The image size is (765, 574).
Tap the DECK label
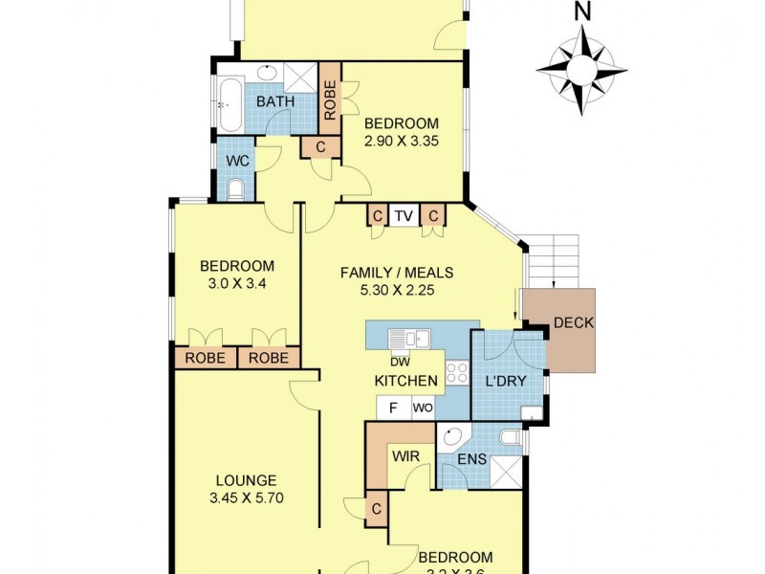(574, 323)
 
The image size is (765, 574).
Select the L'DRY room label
(507, 381)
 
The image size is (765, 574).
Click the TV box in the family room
(404, 216)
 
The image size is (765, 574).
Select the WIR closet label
(402, 457)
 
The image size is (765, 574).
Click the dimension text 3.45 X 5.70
(246, 497)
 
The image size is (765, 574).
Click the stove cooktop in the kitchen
(457, 370)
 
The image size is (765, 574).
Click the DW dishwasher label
(400, 361)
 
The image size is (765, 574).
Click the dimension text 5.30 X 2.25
(396, 291)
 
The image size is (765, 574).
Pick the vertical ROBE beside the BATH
(330, 98)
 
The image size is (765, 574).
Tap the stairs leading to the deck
(555, 260)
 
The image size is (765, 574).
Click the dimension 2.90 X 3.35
(402, 141)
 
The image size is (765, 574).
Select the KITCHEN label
(405, 381)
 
